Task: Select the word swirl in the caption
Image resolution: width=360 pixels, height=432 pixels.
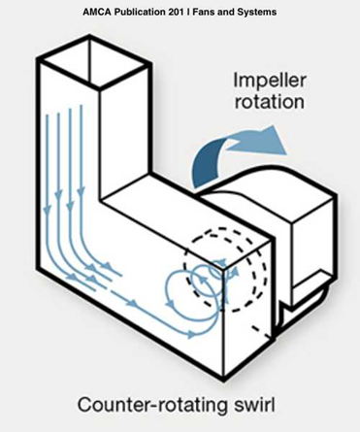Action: pos(245,403)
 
